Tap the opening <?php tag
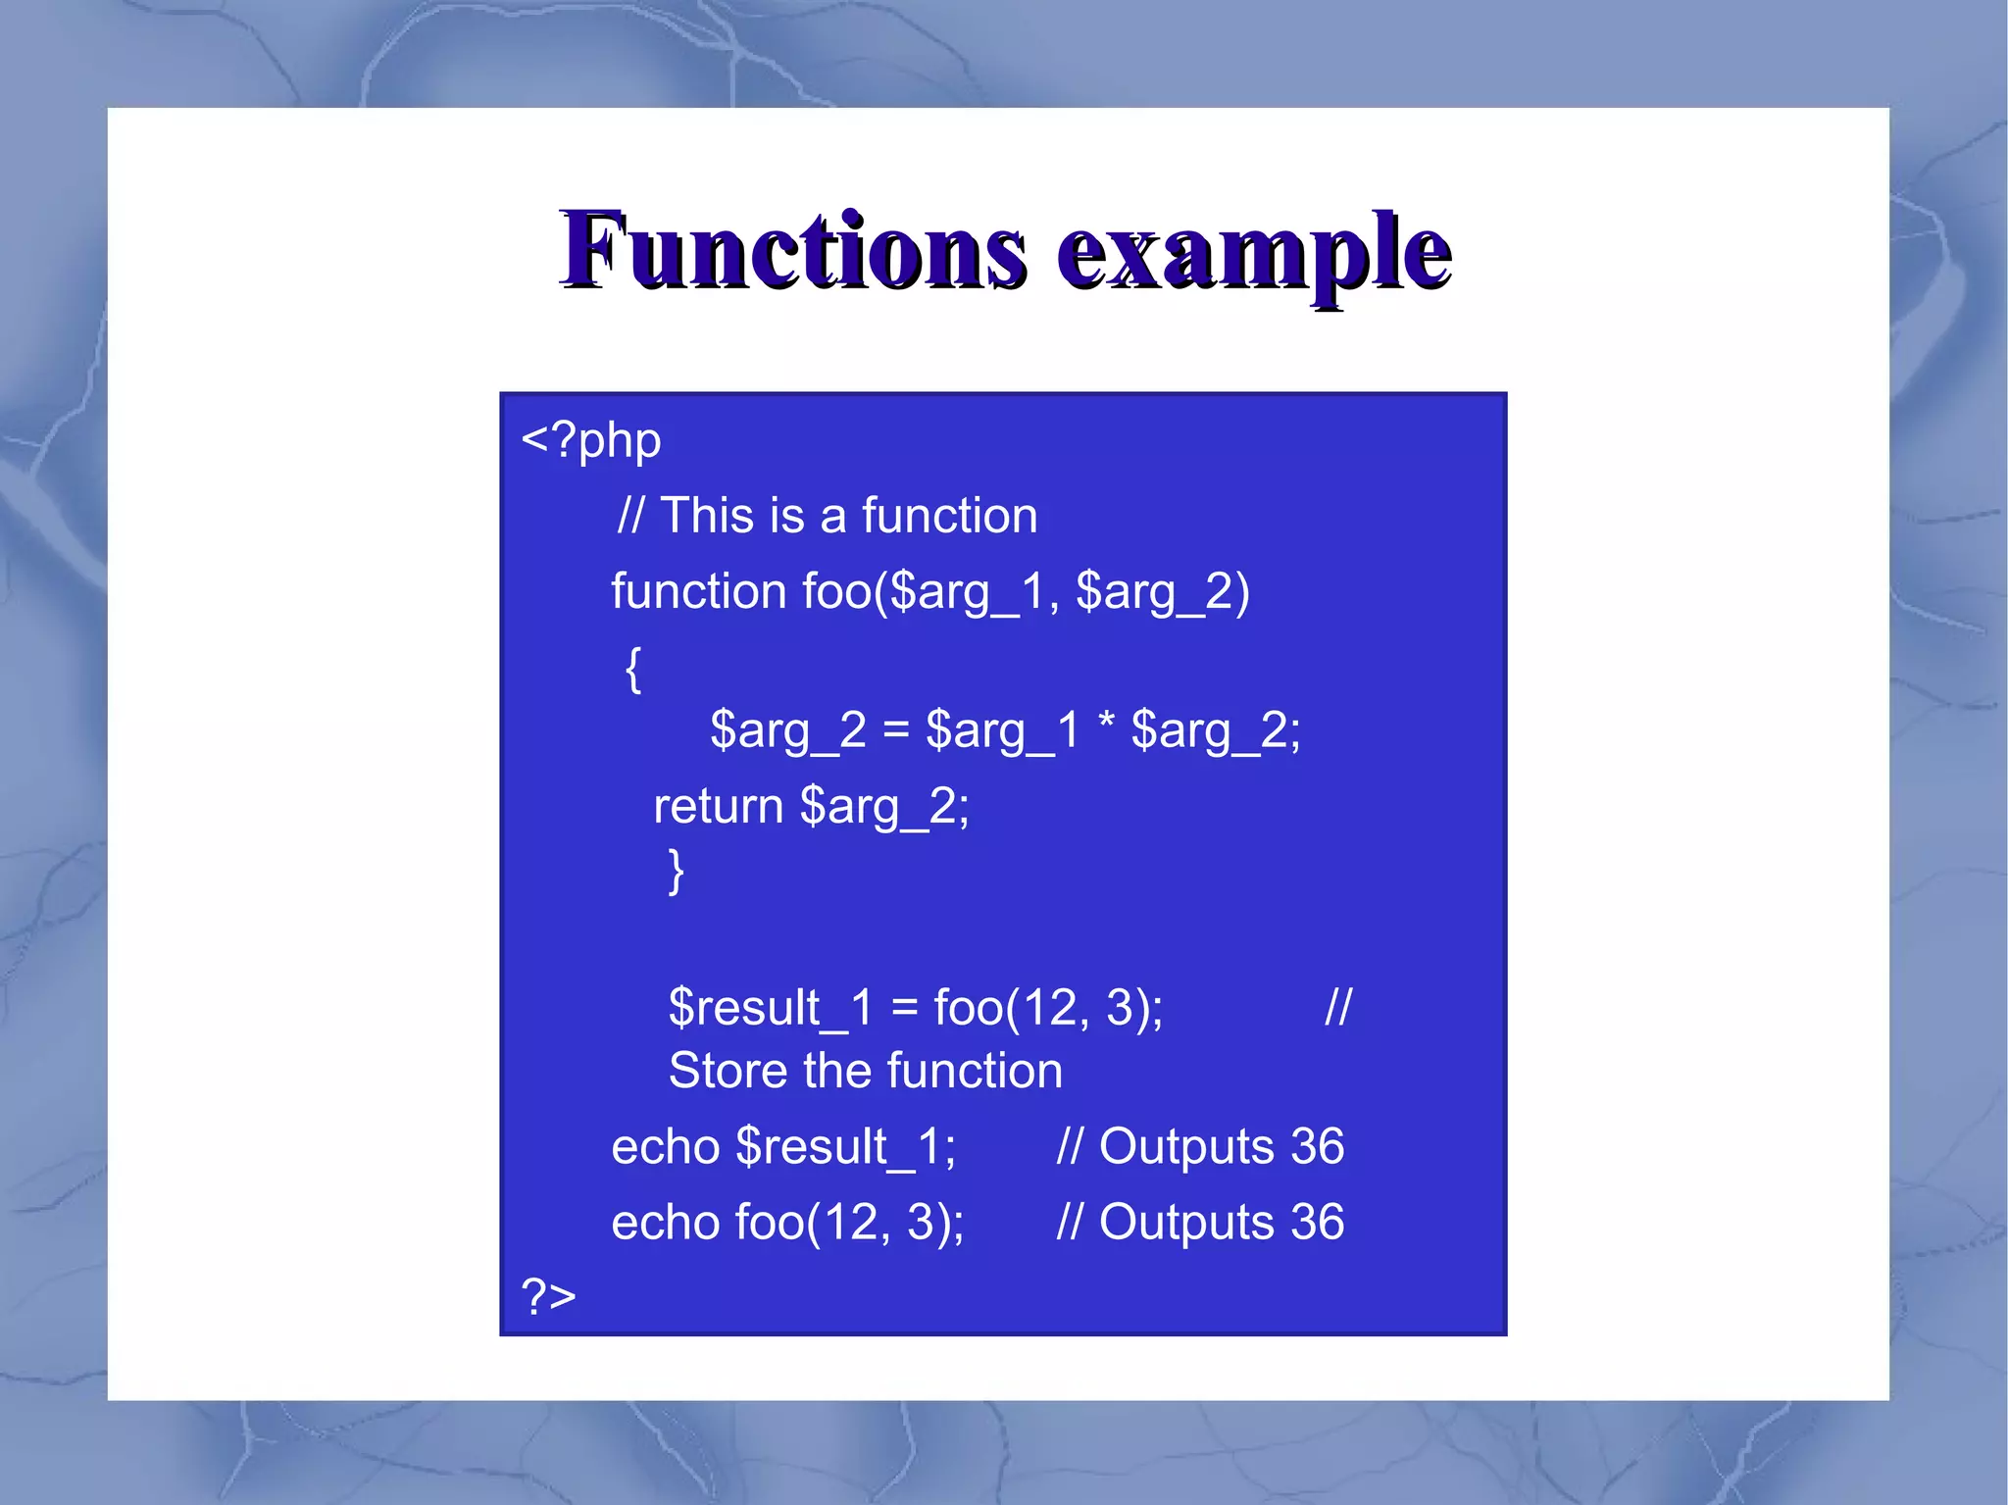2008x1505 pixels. (x=591, y=441)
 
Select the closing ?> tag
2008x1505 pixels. (x=548, y=1296)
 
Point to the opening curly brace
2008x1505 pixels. (x=633, y=670)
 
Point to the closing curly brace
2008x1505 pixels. (x=676, y=871)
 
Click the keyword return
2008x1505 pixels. (x=718, y=807)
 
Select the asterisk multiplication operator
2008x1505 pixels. (x=1106, y=726)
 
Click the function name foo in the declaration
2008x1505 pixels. (x=836, y=592)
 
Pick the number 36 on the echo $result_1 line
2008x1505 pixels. (x=1317, y=1146)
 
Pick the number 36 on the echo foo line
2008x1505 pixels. (x=1317, y=1223)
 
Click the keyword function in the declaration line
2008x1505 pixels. (x=698, y=592)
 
